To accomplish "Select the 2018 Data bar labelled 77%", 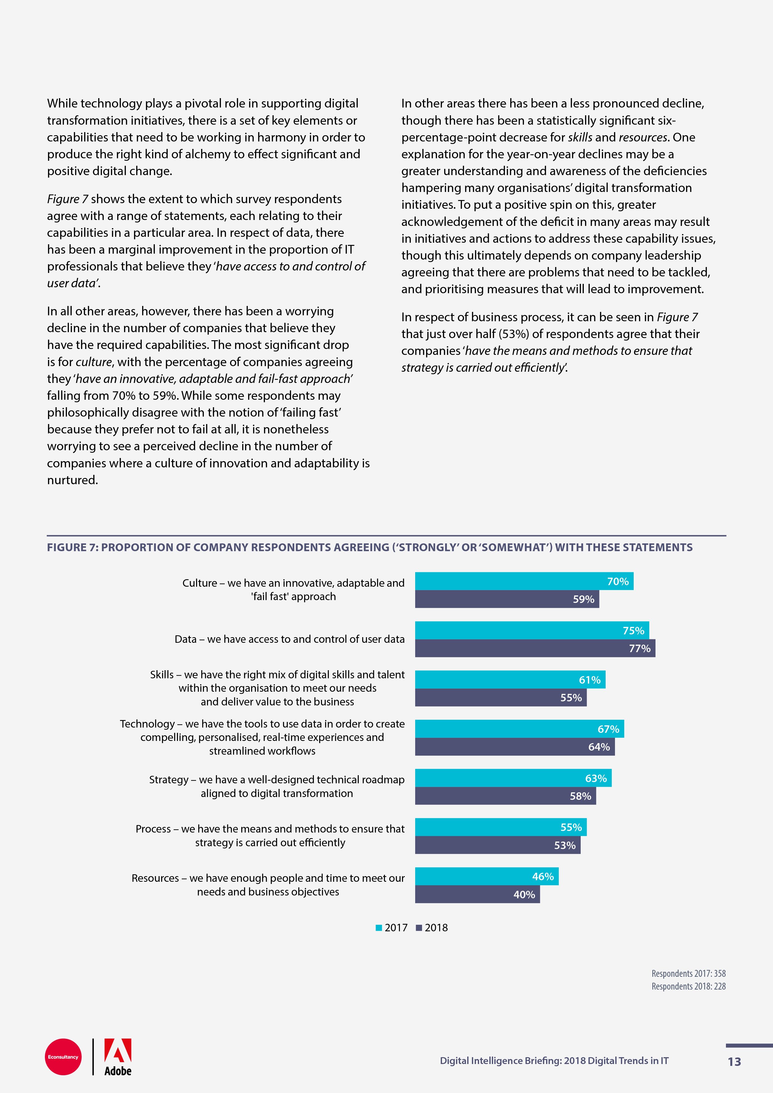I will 535,648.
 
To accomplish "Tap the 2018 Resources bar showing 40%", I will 477,895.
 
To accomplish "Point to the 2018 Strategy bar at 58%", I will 505,796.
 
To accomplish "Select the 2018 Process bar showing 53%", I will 498,846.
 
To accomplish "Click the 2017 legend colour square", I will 379,928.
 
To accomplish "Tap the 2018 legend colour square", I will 419,928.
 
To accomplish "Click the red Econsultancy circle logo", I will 63,1057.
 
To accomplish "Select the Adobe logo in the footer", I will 118,1057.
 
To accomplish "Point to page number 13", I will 734,1062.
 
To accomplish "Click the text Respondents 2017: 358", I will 688,974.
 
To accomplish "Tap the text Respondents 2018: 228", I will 688,986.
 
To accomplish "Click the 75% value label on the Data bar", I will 633,631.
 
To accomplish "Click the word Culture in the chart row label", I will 199,583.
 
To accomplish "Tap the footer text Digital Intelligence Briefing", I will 500,1061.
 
